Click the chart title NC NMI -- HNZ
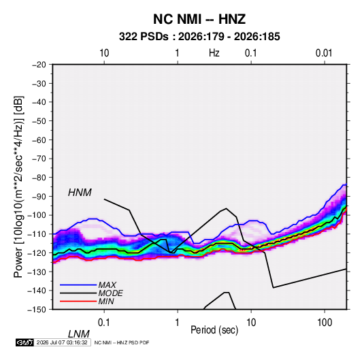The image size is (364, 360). [199, 19]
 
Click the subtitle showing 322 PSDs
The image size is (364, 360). [199, 37]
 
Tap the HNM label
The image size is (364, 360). [80, 193]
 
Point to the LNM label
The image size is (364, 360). [79, 334]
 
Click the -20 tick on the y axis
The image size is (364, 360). [39, 65]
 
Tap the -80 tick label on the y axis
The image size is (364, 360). [39, 178]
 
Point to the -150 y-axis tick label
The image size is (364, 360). [37, 310]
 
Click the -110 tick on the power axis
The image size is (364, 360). [37, 234]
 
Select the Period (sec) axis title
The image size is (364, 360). [214, 330]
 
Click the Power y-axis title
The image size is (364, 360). [18, 187]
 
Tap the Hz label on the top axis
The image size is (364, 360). [214, 53]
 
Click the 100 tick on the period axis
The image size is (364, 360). [325, 323]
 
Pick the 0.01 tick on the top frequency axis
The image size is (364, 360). [324, 53]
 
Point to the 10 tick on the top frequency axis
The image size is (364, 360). [104, 53]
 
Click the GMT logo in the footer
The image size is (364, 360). [25, 342]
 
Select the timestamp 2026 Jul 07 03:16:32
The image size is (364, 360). [62, 342]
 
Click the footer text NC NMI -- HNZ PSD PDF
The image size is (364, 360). [122, 342]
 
